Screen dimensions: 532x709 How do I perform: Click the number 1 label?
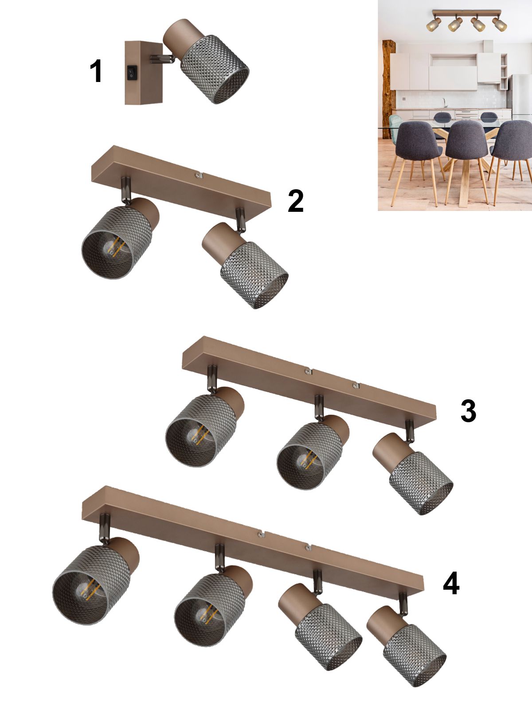point(96,71)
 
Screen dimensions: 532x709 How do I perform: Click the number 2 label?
point(296,201)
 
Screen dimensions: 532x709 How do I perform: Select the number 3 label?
point(468,410)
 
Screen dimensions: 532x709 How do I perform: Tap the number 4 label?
point(451,583)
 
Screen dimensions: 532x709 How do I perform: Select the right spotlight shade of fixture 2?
point(254,275)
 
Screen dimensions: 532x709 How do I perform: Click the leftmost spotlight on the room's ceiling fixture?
point(434,24)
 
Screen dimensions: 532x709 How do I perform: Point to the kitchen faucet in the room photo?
point(445,103)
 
